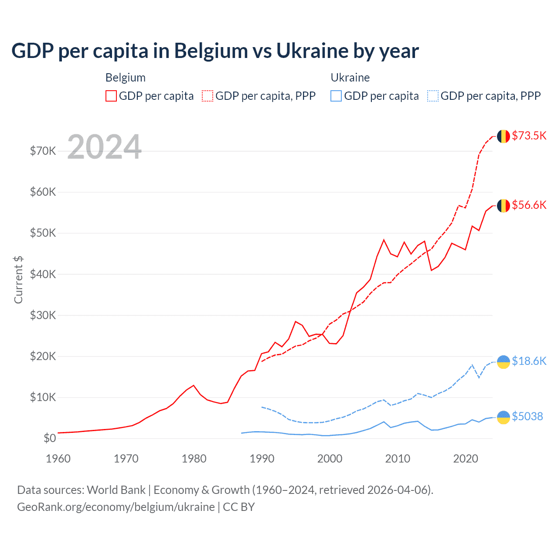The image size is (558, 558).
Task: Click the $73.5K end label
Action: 529,136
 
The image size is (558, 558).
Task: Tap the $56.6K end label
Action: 529,205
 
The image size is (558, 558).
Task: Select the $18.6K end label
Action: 529,361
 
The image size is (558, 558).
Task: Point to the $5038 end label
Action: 527,416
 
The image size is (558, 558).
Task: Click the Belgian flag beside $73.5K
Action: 504,136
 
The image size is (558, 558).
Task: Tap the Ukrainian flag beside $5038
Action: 504,417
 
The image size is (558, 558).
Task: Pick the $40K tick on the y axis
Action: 43,274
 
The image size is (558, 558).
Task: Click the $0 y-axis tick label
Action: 50,438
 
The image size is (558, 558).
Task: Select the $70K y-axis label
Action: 43,151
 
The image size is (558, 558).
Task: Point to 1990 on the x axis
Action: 262,459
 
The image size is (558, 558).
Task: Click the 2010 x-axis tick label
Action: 398,459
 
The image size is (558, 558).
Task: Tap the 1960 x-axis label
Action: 58,459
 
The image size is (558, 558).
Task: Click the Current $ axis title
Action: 18,279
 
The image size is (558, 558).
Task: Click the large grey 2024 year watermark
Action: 105,147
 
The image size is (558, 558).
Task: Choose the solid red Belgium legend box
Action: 111,96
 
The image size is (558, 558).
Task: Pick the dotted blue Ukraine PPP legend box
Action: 433,96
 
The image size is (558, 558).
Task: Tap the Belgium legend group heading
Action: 126,78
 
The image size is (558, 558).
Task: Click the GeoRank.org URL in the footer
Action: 116,507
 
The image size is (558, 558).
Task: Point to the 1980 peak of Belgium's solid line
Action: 194,385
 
